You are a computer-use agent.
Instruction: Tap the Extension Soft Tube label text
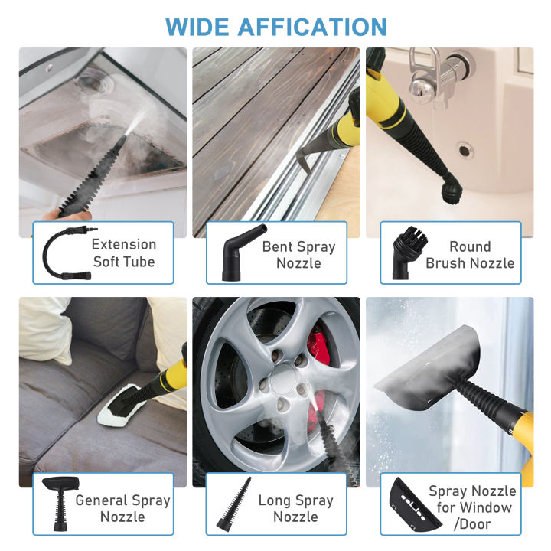coord(124,253)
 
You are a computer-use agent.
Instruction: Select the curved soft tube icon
coord(60,253)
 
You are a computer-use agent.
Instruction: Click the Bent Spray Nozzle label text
coord(298,255)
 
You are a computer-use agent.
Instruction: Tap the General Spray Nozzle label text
coord(122,509)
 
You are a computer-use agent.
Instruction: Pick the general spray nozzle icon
coord(59,504)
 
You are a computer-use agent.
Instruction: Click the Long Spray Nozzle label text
coord(295,509)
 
